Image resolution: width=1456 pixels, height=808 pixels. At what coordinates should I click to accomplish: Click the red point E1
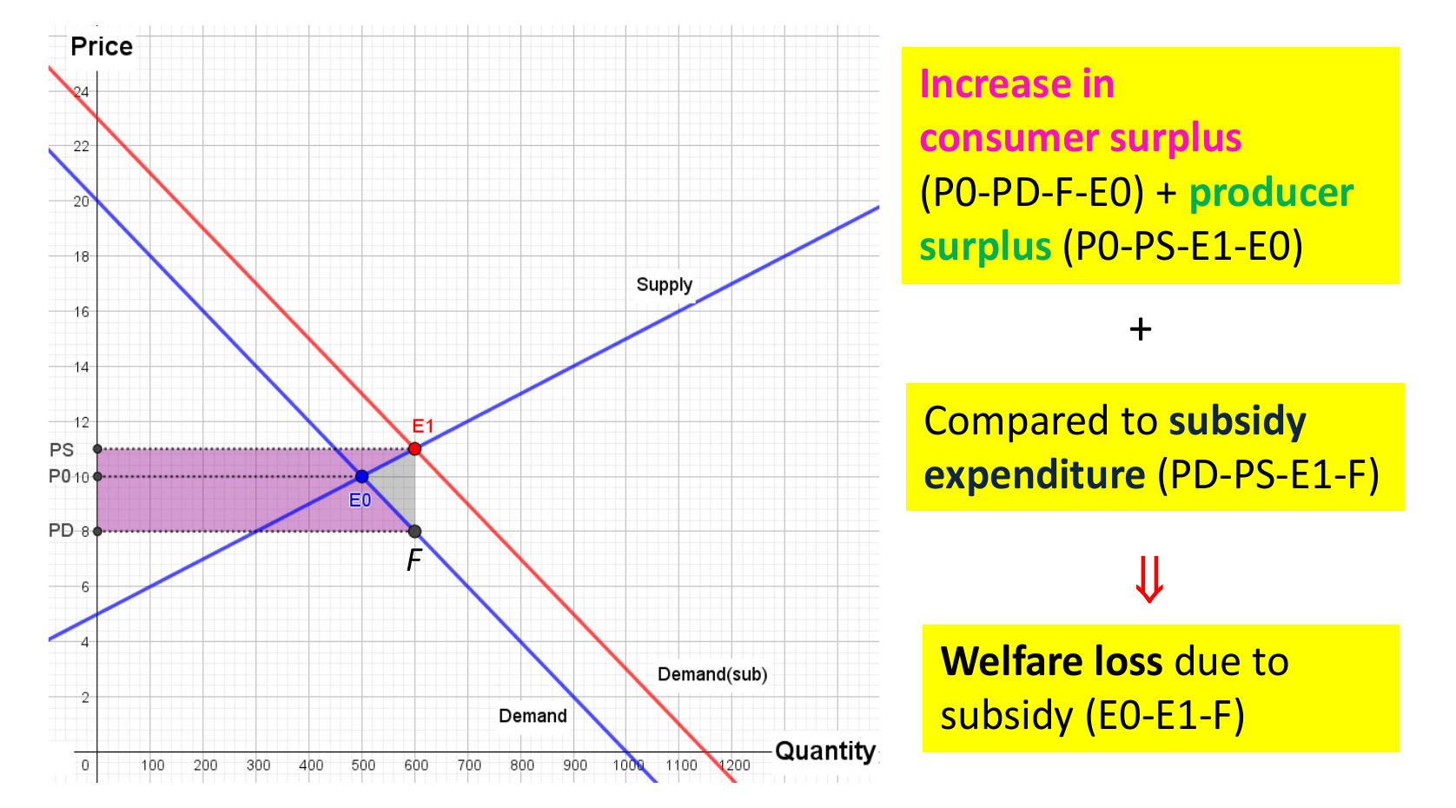[x=414, y=449]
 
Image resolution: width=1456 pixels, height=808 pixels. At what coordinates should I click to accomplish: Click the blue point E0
[x=361, y=476]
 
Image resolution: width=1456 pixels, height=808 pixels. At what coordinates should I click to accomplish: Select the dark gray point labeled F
[x=414, y=532]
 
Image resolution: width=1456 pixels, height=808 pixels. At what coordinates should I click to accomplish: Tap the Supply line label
[x=664, y=285]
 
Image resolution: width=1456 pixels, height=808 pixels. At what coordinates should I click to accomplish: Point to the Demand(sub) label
[x=711, y=674]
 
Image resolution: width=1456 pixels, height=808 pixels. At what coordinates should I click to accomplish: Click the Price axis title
[x=102, y=46]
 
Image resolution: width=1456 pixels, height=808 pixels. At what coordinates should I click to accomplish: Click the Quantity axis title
[x=824, y=751]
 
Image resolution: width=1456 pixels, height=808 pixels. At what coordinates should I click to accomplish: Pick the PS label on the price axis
[x=62, y=450]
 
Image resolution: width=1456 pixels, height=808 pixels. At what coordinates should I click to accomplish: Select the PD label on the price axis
[x=61, y=531]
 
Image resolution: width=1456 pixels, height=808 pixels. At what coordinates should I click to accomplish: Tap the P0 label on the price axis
[x=59, y=476]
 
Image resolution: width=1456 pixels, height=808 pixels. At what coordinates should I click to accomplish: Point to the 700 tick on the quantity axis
[x=469, y=765]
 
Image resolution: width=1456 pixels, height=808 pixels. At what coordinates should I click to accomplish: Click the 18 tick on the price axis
[x=82, y=257]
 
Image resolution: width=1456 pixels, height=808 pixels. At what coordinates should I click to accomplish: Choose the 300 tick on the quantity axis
[x=258, y=765]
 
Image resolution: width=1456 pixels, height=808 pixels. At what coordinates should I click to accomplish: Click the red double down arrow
[x=1149, y=579]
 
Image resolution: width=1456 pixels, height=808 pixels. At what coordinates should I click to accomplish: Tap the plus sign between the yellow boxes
[x=1141, y=329]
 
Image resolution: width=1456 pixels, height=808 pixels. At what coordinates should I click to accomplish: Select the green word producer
[x=1271, y=193]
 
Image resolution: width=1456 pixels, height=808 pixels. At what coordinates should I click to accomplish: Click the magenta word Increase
[x=996, y=84]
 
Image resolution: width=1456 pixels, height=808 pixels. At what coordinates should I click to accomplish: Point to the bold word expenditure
[x=1035, y=475]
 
